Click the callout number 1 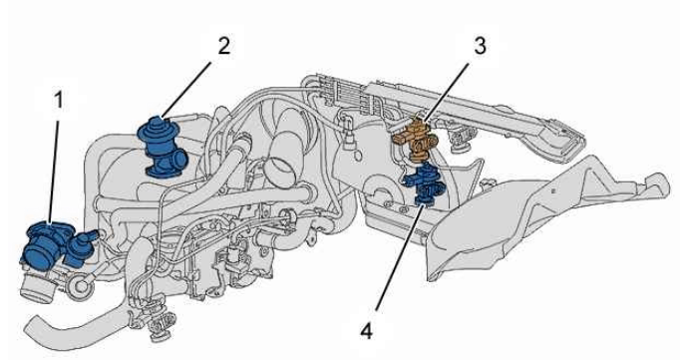(x=58, y=100)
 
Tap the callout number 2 (x=223, y=46)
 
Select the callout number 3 (x=480, y=46)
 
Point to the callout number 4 (x=367, y=332)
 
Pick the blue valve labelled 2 (x=164, y=148)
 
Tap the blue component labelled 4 (x=424, y=183)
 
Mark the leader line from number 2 (x=186, y=91)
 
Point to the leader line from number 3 (x=446, y=91)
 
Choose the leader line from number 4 (x=400, y=258)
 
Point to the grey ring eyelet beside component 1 (x=81, y=285)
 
